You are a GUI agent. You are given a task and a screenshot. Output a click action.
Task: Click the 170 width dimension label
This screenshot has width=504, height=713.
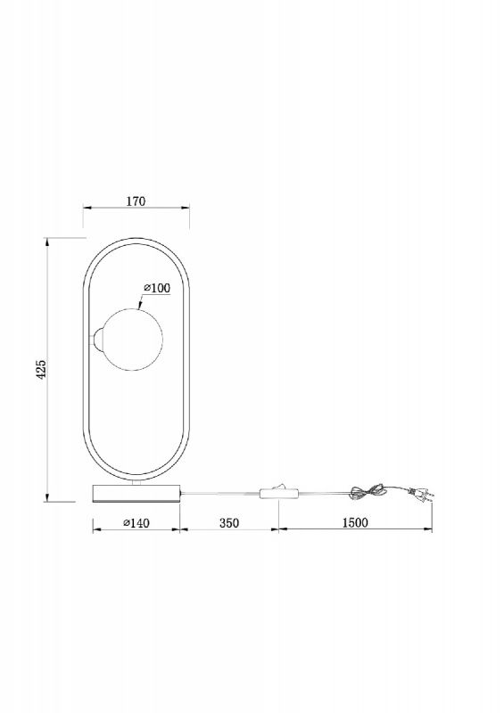pyautogui.click(x=136, y=201)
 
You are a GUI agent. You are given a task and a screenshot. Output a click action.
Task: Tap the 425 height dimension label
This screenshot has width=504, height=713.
pyautogui.click(x=41, y=369)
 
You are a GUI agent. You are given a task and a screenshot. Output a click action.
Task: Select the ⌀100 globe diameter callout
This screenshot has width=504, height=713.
pyautogui.click(x=157, y=288)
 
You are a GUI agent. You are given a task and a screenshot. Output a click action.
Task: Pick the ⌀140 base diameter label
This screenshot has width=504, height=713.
pyautogui.click(x=136, y=523)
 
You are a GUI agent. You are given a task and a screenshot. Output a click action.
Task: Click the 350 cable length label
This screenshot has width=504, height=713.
pyautogui.click(x=229, y=523)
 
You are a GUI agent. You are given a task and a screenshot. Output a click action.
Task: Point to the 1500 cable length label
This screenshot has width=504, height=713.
pyautogui.click(x=355, y=522)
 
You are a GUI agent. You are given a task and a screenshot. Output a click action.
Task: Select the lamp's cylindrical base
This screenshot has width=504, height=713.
pyautogui.click(x=136, y=494)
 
